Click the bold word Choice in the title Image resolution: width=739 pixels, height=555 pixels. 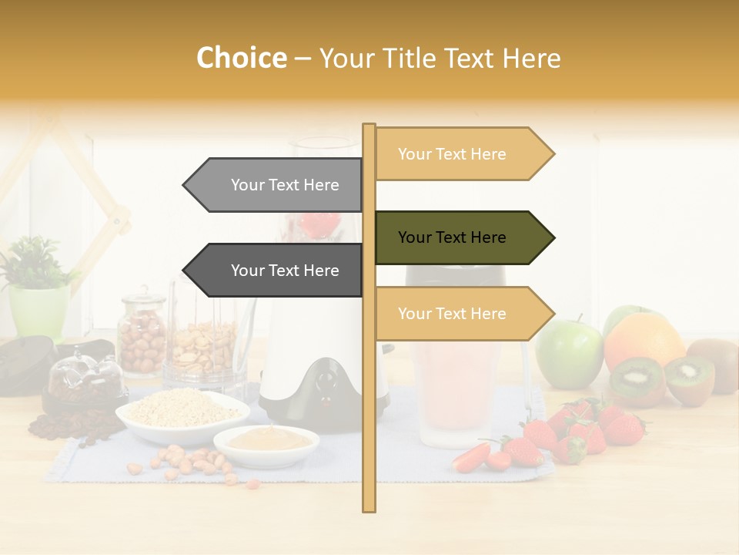241,59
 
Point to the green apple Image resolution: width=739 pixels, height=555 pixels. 569,354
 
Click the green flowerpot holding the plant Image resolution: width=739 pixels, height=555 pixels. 38,312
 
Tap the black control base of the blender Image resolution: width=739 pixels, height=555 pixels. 327,385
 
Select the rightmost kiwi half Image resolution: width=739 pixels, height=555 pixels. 689,379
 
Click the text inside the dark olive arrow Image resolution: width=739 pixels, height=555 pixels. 452,237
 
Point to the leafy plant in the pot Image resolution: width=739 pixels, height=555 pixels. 32,262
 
